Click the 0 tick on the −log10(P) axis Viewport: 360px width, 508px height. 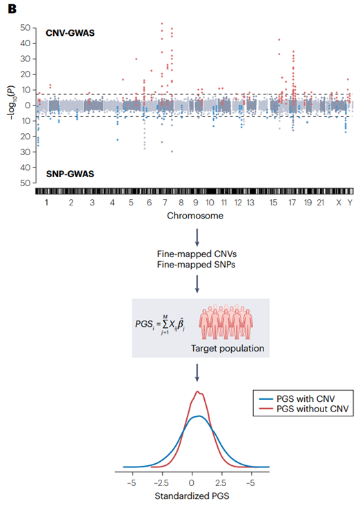(25, 105)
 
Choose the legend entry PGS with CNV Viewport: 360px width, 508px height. (306, 398)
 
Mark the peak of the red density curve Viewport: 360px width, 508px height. (198, 392)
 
